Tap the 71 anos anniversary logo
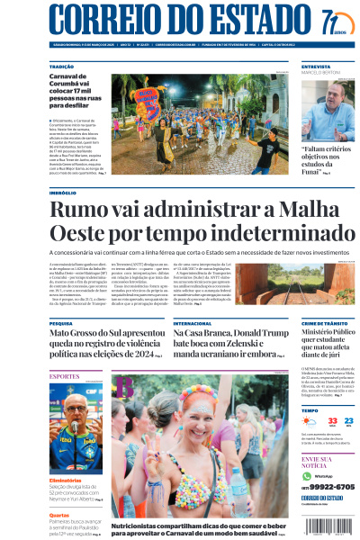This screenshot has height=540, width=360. pyautogui.click(x=332, y=22)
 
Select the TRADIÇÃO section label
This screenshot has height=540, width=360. pyautogui.click(x=62, y=67)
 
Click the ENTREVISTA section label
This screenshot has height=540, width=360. pyautogui.click(x=316, y=67)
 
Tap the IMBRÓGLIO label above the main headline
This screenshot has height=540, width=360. pyautogui.click(x=63, y=193)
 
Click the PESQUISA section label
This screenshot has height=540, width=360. pyautogui.click(x=61, y=322)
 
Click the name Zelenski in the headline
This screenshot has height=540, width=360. pyautogui.click(x=256, y=345)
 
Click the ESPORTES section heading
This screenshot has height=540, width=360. pyautogui.click(x=64, y=374)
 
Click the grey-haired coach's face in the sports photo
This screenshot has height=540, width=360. pyautogui.click(x=74, y=413)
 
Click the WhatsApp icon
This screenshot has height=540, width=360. pyautogui.click(x=306, y=475)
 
